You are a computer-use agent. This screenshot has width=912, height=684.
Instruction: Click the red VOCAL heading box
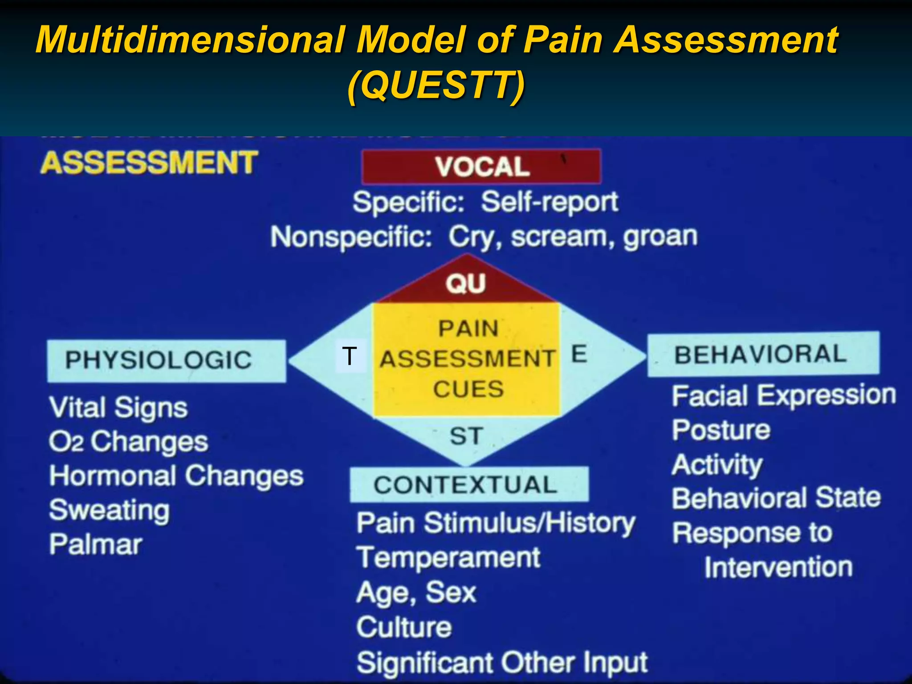pos(481,167)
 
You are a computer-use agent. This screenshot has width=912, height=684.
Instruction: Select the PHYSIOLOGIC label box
pos(166,361)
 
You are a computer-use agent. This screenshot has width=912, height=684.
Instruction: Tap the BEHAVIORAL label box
pos(763,354)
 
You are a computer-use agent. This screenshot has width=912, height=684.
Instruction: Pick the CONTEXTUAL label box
pos(469,484)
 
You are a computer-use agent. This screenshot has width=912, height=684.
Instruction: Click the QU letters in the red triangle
pos(465,283)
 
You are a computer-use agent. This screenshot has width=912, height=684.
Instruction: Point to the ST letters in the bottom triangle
pos(466,436)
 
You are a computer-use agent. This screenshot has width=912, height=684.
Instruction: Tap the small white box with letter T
pos(350,356)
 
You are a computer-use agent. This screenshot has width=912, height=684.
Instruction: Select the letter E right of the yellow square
pos(579,354)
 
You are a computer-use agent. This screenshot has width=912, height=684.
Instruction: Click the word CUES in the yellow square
pos(468,389)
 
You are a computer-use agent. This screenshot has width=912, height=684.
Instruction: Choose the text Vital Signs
pos(118,408)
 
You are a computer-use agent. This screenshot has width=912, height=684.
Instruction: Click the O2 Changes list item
pos(128,442)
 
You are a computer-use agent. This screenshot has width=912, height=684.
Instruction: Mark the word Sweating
pos(110,510)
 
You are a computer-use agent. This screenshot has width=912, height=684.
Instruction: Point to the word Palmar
pos(96,544)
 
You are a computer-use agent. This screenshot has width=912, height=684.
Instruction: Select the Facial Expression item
pos(784,396)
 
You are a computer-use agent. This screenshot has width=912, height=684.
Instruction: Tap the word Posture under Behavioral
pos(721,430)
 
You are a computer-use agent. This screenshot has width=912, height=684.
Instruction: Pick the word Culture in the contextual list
pos(404,627)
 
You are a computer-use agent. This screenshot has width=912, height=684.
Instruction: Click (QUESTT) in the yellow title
pos(436,85)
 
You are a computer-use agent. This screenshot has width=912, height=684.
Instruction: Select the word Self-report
pos(550,202)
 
